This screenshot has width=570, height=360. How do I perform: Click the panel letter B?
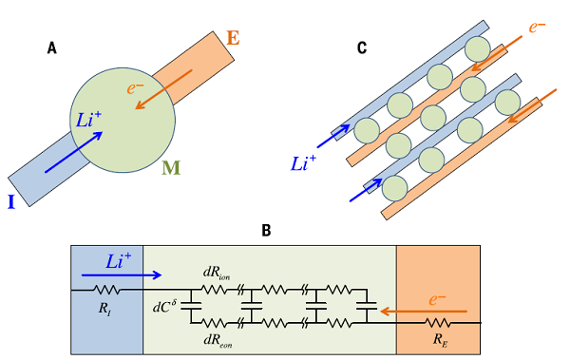(x=267, y=231)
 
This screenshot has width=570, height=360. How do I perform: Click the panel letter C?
(x=361, y=47)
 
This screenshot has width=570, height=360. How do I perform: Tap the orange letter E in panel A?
(x=234, y=39)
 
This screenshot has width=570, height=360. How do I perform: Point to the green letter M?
(x=171, y=168)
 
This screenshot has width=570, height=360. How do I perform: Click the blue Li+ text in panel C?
(x=304, y=162)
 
